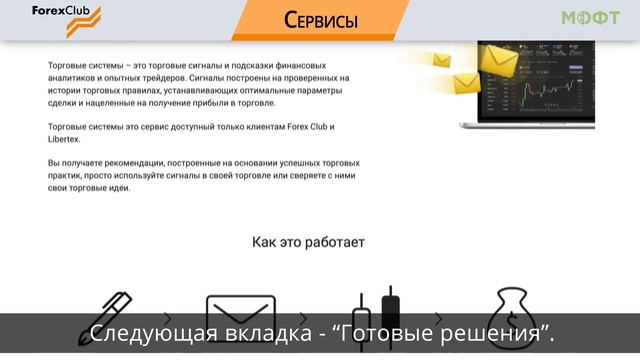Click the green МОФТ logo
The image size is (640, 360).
tap(590, 18)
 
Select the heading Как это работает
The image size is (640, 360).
tap(308, 242)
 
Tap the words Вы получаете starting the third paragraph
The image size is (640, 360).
tap(79, 163)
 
